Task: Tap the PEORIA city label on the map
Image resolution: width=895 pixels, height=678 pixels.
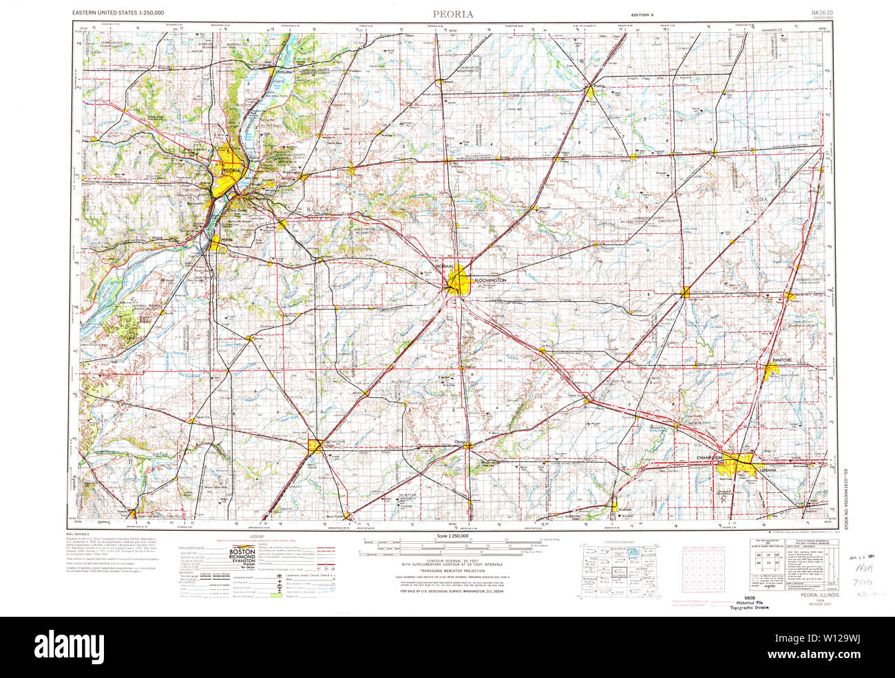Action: tap(231, 169)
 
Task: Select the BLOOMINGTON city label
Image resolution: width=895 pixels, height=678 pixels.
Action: tap(489, 281)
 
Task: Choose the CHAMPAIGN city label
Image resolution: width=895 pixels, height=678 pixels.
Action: tap(709, 457)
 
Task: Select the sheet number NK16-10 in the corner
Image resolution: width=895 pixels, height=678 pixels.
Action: tap(822, 12)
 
